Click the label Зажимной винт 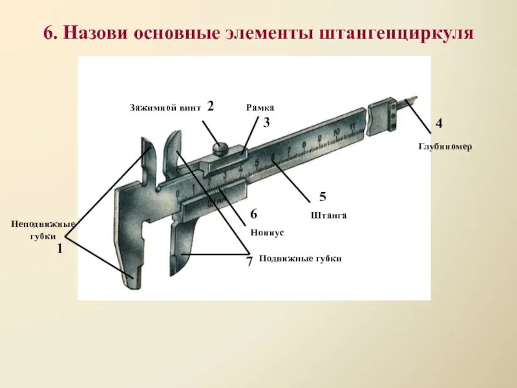click(x=165, y=107)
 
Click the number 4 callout click(x=439, y=123)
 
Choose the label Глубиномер click(x=445, y=147)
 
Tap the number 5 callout click(x=322, y=197)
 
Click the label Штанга click(x=329, y=215)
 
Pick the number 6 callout click(x=253, y=214)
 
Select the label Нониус click(x=267, y=232)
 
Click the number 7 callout click(x=249, y=261)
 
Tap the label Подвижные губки click(x=299, y=258)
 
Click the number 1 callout click(x=59, y=248)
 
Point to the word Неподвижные click(x=43, y=224)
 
